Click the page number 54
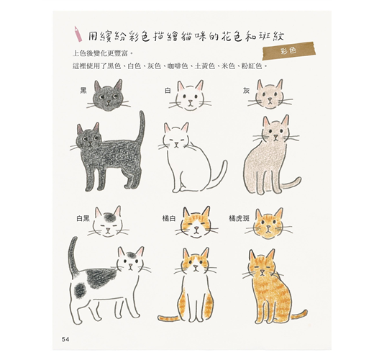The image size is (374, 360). (x=65, y=339)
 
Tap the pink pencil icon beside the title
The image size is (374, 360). (x=78, y=34)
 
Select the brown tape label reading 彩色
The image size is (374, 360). (x=288, y=51)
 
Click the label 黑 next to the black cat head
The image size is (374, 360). (x=83, y=91)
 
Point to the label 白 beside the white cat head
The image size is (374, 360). (x=168, y=91)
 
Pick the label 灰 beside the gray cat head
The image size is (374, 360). (x=246, y=91)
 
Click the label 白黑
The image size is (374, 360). (x=83, y=219)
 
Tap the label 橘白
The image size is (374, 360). (x=169, y=218)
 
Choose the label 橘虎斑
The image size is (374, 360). (x=239, y=218)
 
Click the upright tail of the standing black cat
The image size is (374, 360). (x=142, y=127)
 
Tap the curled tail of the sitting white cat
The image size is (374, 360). (x=221, y=175)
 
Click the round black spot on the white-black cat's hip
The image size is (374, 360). (x=80, y=291)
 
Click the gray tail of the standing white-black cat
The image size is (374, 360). (x=73, y=254)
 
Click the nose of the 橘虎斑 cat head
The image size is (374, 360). (x=268, y=227)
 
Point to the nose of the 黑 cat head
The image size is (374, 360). (x=109, y=102)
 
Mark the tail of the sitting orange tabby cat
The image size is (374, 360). (x=298, y=315)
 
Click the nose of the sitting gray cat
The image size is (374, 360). (x=275, y=137)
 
